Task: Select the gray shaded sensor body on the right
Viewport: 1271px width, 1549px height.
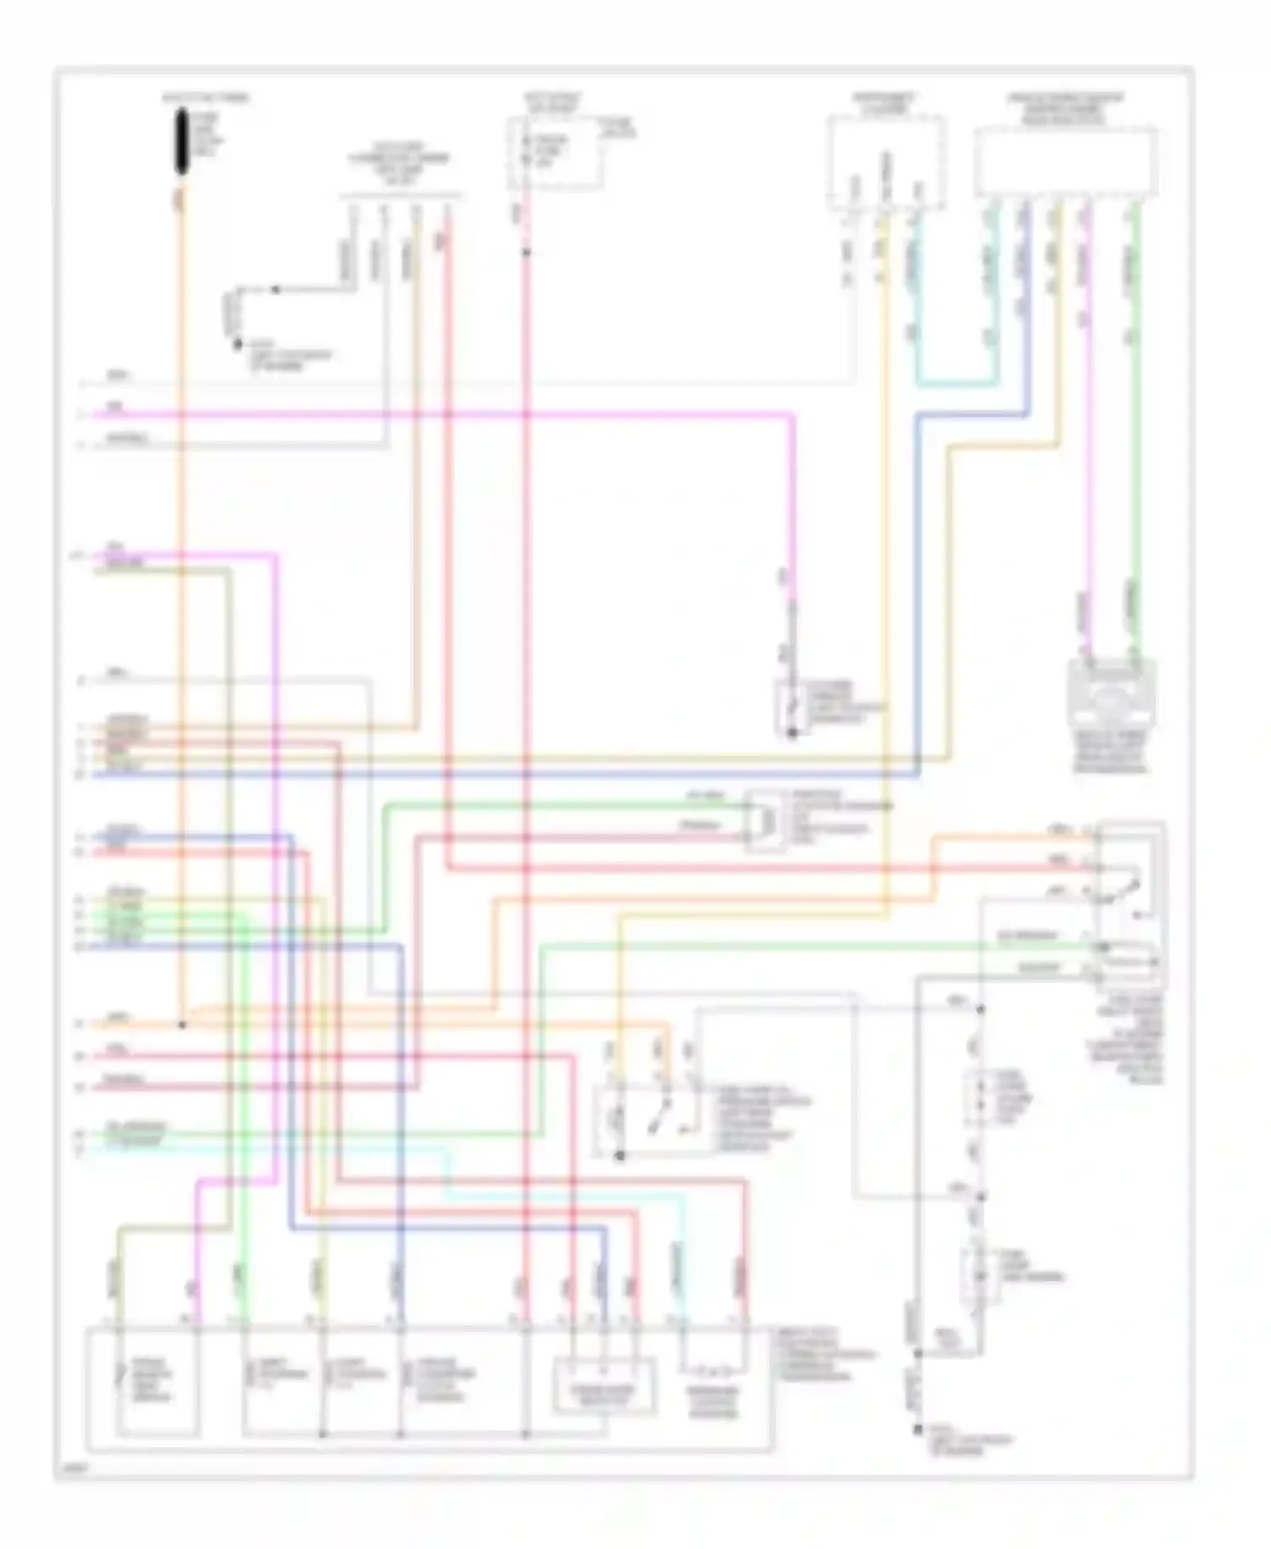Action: pos(1111,695)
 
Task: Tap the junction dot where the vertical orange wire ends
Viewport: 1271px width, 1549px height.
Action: pos(181,1025)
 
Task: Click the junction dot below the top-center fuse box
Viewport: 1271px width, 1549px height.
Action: pos(525,252)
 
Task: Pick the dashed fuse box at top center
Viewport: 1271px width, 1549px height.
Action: pos(555,153)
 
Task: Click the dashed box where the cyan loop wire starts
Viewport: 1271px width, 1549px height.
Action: pos(886,164)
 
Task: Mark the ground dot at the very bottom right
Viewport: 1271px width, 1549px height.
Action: pos(918,1430)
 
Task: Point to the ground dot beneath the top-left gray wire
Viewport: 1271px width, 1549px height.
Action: pos(237,344)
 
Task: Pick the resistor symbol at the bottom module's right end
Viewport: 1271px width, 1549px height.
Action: pos(713,1369)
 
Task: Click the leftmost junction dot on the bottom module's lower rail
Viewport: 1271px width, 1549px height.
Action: pos(323,1435)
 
